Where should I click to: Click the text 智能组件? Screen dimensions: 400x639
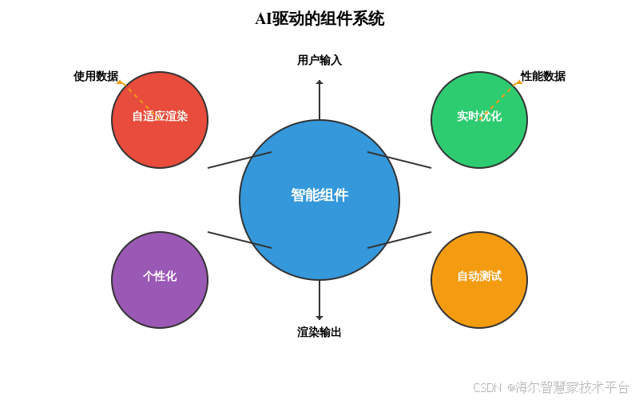[x=319, y=195]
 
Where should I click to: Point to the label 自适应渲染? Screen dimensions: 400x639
[x=160, y=116]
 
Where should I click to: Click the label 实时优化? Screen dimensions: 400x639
[x=479, y=116]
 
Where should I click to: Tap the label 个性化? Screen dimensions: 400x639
[x=160, y=276]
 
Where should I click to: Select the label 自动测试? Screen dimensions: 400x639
[x=479, y=276]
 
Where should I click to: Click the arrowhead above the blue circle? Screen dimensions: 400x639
[x=319, y=82]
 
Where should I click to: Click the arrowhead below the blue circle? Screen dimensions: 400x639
[x=319, y=318]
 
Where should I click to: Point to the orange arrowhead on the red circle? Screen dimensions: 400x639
[x=121, y=82]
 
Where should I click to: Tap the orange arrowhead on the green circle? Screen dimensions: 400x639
[x=518, y=82]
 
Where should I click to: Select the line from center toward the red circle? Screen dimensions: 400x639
[x=240, y=160]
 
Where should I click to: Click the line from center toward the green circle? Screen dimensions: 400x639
[x=399, y=160]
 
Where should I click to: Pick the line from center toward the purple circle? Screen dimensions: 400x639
[x=240, y=240]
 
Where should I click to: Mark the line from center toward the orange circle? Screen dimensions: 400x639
[x=399, y=240]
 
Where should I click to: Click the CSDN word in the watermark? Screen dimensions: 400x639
[x=486, y=387]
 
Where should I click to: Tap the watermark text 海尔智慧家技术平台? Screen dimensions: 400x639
[x=572, y=386]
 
